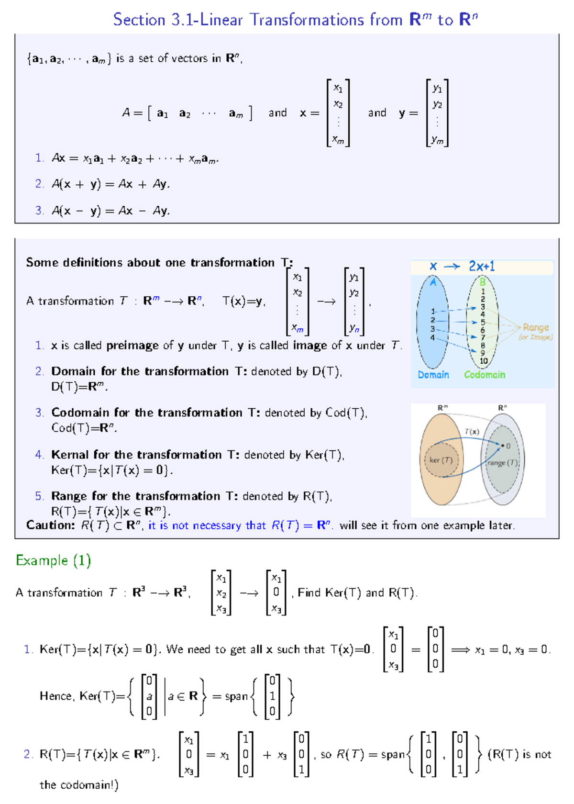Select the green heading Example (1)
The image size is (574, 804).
53,560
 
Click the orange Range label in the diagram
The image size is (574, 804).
536,327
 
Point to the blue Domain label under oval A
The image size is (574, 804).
433,375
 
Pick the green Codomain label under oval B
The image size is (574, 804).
485,375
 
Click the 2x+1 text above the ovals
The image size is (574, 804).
482,266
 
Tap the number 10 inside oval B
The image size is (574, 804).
484,361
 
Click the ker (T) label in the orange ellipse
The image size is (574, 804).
441,460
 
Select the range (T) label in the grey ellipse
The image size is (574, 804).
502,463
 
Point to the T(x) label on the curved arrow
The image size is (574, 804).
472,432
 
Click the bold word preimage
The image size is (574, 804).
132,346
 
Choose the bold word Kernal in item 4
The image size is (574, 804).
70,455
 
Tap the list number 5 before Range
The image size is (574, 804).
39,496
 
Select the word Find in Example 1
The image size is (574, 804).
309,593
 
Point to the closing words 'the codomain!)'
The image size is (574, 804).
79,785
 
